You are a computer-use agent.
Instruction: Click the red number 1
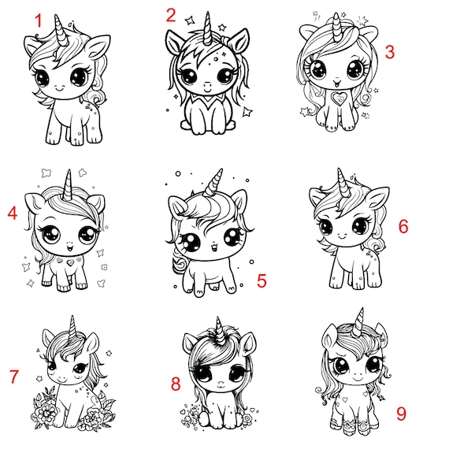click(x=39, y=21)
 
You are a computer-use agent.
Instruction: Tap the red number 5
click(x=262, y=280)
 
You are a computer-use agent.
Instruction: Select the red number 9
click(x=401, y=414)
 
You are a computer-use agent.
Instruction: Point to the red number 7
click(x=13, y=377)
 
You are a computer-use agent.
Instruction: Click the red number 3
click(x=390, y=52)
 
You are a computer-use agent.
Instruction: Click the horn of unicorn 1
click(x=61, y=31)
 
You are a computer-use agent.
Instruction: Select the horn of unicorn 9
click(x=359, y=322)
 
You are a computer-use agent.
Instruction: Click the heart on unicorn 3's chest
click(x=339, y=98)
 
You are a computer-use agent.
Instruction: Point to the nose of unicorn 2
click(x=207, y=85)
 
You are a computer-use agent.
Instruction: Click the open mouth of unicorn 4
click(x=69, y=247)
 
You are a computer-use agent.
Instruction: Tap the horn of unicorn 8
click(x=220, y=330)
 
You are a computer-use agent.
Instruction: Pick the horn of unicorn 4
click(x=68, y=185)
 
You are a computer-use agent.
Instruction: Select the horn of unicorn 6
click(x=343, y=183)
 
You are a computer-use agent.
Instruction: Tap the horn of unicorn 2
click(x=208, y=28)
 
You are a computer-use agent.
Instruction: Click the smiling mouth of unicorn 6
click(x=342, y=236)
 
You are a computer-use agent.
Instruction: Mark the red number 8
click(x=176, y=384)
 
